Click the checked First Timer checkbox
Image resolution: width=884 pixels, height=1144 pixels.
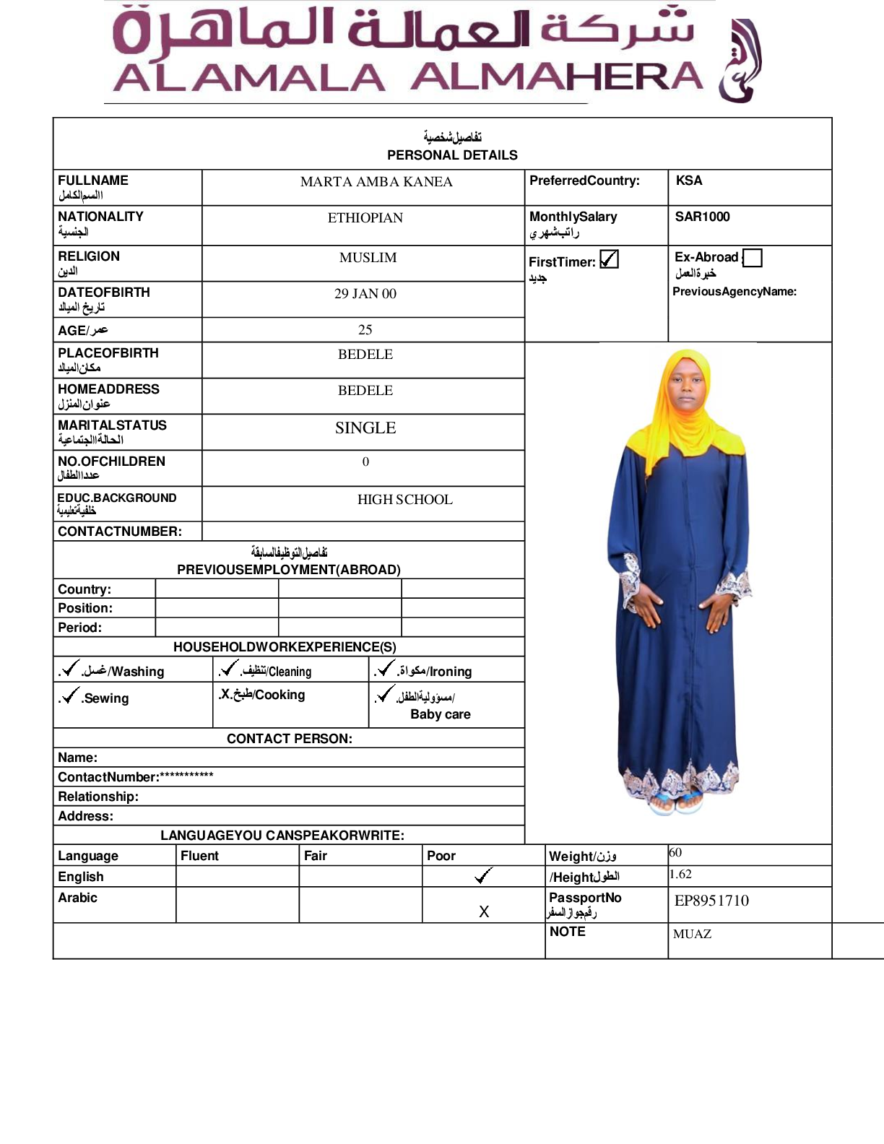click(x=609, y=259)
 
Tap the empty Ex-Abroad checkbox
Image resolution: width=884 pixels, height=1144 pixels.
click(x=753, y=258)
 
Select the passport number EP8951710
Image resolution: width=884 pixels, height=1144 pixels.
click(x=711, y=901)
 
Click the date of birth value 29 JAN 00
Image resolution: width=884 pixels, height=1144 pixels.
click(x=365, y=294)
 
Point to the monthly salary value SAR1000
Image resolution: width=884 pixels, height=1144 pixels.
click(x=702, y=217)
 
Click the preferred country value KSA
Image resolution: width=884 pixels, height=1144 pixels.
click(x=689, y=181)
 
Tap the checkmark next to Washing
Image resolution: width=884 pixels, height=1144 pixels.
click(x=70, y=669)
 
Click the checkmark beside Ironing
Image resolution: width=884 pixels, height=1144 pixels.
click(x=386, y=669)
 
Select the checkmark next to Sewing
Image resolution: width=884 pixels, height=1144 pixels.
click(x=70, y=695)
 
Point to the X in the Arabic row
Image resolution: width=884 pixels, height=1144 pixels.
click(x=484, y=912)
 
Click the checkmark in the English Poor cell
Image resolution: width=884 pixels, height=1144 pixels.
click(x=483, y=876)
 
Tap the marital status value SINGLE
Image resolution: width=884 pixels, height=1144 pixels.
click(x=365, y=428)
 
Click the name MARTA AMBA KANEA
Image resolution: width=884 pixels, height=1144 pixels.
click(x=376, y=182)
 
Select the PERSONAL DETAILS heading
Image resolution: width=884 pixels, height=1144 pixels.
click(x=452, y=155)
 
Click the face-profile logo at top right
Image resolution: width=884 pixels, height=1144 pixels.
click(x=740, y=61)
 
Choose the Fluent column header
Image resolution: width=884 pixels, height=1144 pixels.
click(x=199, y=856)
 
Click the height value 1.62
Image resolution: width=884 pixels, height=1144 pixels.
click(x=680, y=874)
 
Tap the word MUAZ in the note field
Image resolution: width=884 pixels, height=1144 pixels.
click(x=692, y=934)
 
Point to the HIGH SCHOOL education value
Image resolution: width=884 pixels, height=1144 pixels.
click(x=404, y=500)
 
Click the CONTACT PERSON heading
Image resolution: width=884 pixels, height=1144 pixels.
click(x=290, y=739)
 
